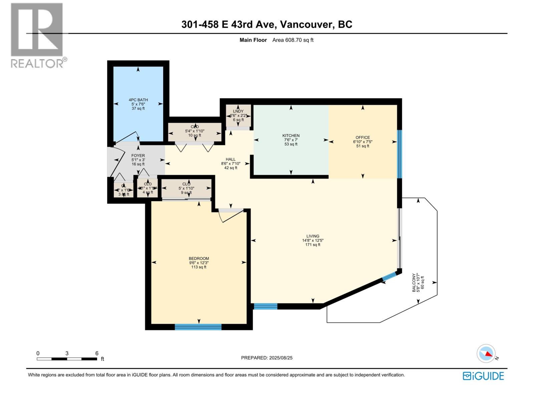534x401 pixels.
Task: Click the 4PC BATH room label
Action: coord(138,100)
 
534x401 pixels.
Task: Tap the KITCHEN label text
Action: coord(291,136)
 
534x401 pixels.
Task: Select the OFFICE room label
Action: coord(362,137)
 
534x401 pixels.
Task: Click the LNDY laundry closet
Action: coord(238,116)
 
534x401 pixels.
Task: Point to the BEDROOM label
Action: coord(199,258)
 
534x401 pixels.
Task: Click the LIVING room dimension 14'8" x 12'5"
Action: coord(313,240)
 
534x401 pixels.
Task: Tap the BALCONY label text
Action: coord(414,283)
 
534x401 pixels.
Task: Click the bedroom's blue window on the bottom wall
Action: coord(198,327)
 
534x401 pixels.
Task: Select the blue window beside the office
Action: coord(399,154)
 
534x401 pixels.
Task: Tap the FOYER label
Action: coord(138,156)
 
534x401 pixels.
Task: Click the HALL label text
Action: coord(230,159)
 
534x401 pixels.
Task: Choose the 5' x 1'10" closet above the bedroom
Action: coord(186,188)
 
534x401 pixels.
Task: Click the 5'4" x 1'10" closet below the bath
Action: coord(195,131)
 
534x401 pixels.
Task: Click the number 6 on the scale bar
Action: coord(97,353)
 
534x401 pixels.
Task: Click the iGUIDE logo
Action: coord(483,376)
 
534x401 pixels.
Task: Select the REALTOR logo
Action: coord(37,35)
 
